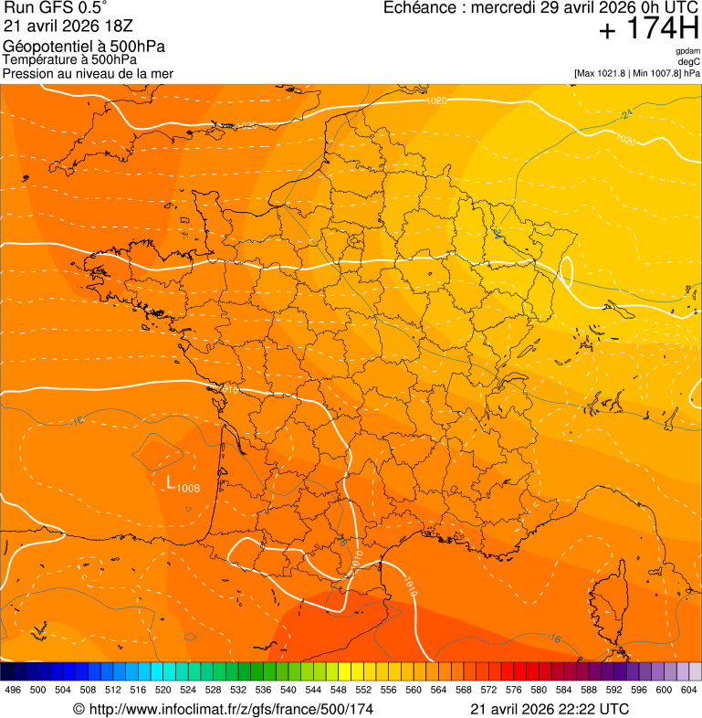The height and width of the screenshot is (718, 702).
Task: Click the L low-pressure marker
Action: point(171,482)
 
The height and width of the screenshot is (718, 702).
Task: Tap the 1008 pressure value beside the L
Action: point(188,488)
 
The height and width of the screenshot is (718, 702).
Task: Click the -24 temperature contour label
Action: point(627,114)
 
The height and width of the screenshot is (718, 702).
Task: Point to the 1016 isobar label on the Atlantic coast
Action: point(230,390)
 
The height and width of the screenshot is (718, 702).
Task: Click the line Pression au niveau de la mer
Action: point(88,73)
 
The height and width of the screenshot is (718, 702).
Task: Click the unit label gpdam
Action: point(687,51)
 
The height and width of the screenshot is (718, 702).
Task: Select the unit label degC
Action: point(688,61)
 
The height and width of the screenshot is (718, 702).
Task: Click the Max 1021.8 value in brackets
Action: point(607,73)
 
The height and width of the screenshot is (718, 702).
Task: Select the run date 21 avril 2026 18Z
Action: point(68,26)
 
